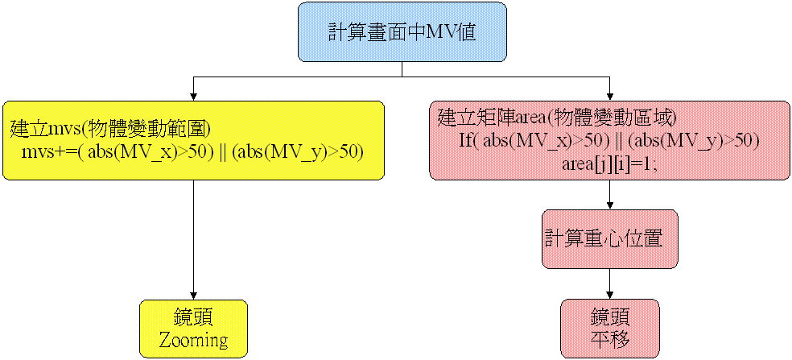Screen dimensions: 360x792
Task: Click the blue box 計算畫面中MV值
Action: tap(402, 32)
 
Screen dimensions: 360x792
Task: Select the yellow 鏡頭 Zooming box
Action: tap(193, 328)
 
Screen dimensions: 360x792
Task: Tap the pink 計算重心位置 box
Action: tap(609, 238)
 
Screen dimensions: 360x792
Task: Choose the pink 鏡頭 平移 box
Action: tap(609, 328)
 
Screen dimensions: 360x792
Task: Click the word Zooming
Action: tap(193, 339)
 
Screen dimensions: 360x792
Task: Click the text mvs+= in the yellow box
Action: tap(47, 151)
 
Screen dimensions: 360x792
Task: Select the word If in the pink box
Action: tap(467, 140)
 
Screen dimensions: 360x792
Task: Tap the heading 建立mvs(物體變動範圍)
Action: tap(110, 128)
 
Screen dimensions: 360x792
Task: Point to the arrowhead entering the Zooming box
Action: tap(193, 295)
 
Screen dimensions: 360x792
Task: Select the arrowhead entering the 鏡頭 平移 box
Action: tap(609, 294)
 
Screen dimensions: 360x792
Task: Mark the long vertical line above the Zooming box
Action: tap(193, 238)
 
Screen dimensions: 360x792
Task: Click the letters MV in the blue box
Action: tap(439, 32)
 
